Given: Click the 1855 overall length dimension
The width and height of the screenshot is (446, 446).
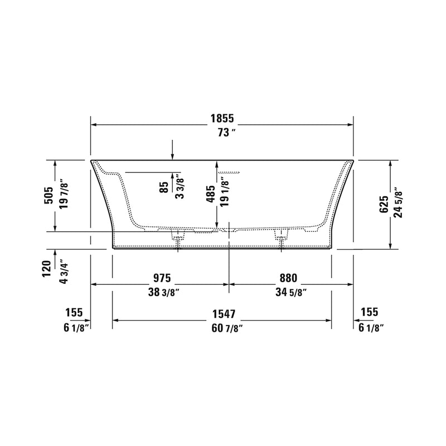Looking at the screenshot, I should click(x=222, y=118).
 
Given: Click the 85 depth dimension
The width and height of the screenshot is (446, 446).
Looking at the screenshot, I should click(x=163, y=186).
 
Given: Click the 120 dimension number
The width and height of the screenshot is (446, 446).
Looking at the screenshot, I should click(x=49, y=268).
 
